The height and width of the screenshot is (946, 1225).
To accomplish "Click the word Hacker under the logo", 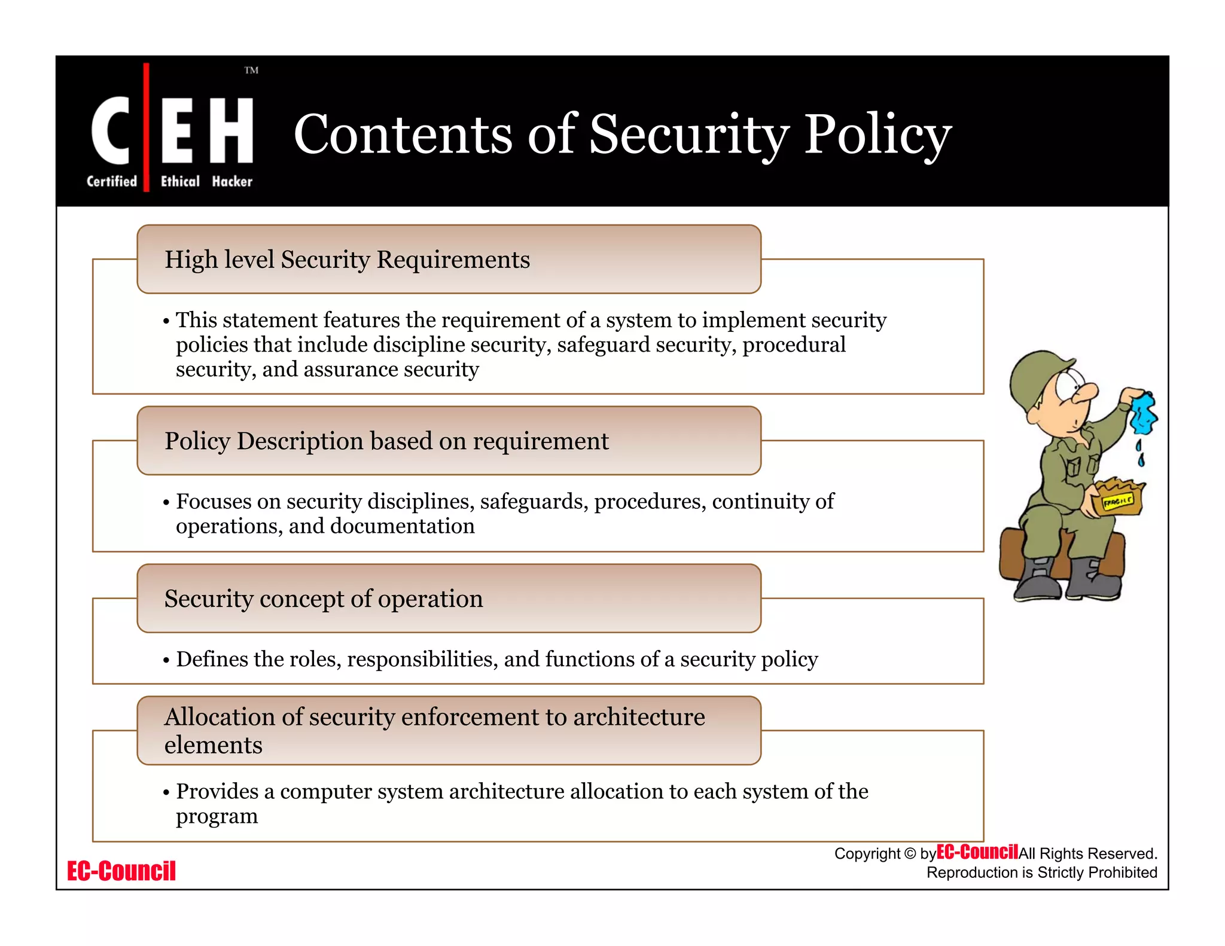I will pos(232,181).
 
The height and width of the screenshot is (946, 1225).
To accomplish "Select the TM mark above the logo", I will pos(251,71).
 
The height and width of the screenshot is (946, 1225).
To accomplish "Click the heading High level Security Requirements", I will pos(347,260).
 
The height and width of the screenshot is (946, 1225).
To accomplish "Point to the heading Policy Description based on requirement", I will pos(386,441).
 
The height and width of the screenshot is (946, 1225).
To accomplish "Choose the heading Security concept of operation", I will pos(324,599).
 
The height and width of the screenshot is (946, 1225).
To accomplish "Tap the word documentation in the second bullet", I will pos(402,526).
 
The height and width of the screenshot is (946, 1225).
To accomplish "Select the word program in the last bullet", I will pos(217,816).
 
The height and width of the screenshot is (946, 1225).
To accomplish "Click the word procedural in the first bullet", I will pos(794,345).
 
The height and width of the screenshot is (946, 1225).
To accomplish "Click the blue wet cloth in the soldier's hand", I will pos(1143,413).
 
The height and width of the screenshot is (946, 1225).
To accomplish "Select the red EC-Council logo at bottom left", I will pos(121,871).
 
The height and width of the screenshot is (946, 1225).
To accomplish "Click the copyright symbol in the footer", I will pos(909,854).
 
